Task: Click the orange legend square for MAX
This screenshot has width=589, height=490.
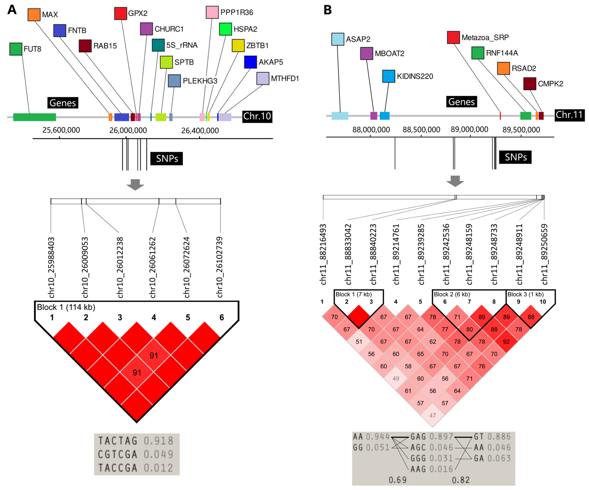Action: click(x=34, y=15)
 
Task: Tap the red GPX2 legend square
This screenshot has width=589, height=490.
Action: click(x=121, y=13)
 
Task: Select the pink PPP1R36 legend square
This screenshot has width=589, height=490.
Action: click(x=212, y=12)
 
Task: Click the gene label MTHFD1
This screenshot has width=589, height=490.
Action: click(x=285, y=79)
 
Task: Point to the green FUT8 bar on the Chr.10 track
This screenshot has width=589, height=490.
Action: click(x=34, y=117)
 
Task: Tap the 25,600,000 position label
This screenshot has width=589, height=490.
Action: click(x=61, y=130)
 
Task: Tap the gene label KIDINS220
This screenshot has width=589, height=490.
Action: click(x=415, y=76)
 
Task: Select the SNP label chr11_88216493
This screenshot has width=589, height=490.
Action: click(x=323, y=254)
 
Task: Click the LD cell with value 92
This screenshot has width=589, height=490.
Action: click(x=506, y=342)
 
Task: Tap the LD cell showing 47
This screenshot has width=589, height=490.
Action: click(x=432, y=415)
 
